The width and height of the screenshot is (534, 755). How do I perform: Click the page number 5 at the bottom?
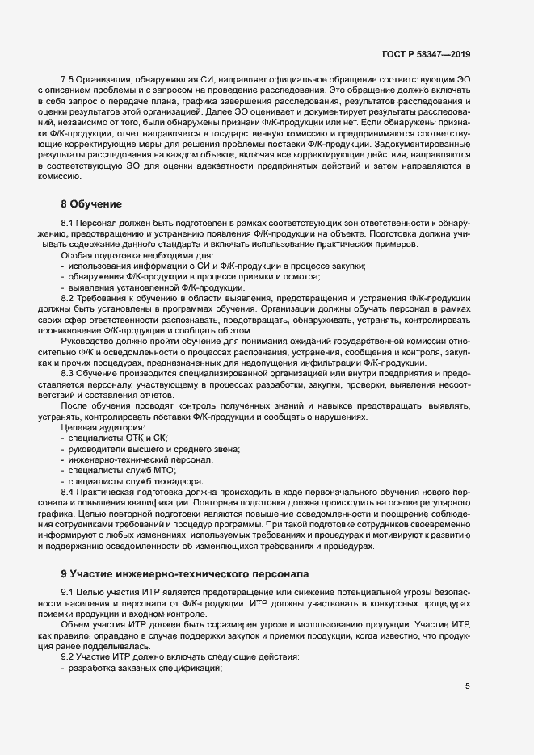pyautogui.click(x=468, y=686)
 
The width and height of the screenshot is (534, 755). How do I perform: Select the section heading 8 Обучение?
pyautogui.click(x=90, y=203)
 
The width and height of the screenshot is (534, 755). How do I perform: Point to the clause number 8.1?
pyautogui.click(x=69, y=222)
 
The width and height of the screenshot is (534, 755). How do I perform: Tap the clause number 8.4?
pyautogui.click(x=69, y=491)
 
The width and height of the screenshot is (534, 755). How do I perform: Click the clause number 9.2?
pyautogui.click(x=69, y=657)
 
